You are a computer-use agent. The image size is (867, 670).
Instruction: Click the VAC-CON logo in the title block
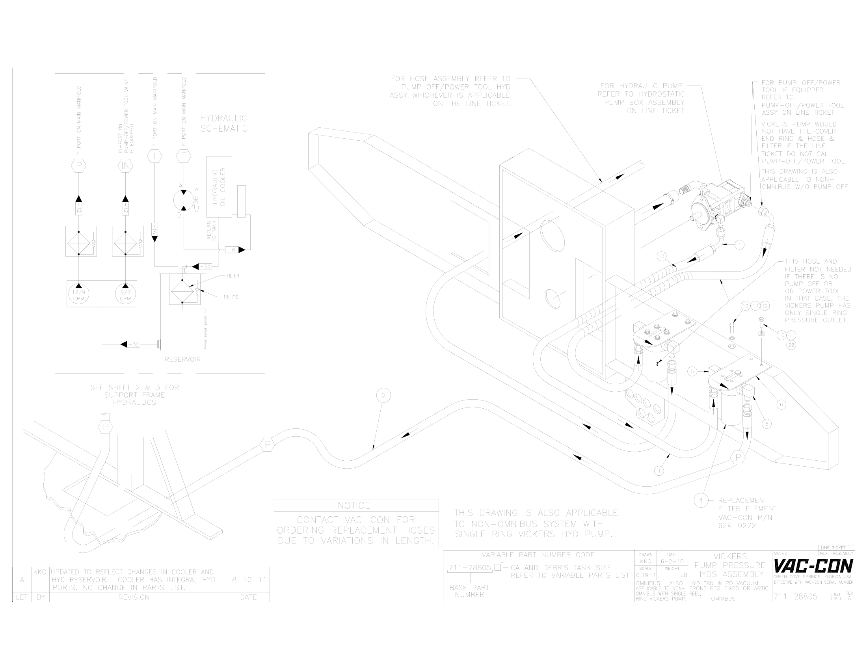coord(813,565)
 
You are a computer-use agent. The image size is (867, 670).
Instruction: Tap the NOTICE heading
coord(354,505)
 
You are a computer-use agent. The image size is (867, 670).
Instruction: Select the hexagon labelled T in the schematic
coord(154,156)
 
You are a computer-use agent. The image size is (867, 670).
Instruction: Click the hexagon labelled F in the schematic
coord(183,156)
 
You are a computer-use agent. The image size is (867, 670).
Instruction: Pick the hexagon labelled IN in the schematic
coord(125,166)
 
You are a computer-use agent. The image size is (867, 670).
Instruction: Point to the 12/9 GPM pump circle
coord(78,294)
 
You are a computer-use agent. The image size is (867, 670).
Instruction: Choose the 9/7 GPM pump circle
coord(125,294)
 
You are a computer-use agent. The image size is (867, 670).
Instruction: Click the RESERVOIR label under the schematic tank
coord(182,359)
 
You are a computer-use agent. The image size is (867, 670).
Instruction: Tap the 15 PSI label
coord(231,297)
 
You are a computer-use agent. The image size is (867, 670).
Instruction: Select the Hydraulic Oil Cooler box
coord(219,186)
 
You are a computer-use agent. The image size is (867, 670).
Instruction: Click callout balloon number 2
coord(383,395)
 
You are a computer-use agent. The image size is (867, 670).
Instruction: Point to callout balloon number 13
coord(661,257)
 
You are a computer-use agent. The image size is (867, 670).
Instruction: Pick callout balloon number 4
coord(701,500)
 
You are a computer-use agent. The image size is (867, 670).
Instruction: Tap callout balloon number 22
coord(791,345)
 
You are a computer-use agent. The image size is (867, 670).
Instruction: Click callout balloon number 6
coord(781,405)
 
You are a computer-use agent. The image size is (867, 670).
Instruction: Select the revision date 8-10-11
coord(249,579)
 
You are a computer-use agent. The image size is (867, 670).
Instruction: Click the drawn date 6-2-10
coord(672,562)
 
